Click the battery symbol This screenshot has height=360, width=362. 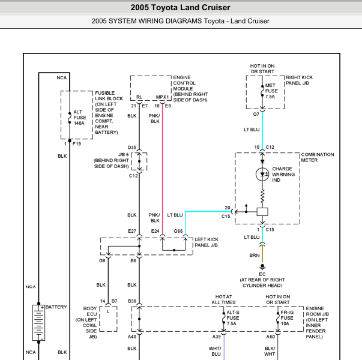pos(38,323)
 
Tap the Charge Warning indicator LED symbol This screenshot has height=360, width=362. pos(262,174)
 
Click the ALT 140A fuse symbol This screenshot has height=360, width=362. pos(70,118)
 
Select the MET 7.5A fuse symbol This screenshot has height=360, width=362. pos(262,91)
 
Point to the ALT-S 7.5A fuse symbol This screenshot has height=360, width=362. pos(223,318)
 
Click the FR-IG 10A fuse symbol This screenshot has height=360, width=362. pos(278,318)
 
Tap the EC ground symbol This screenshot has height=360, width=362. pos(262,267)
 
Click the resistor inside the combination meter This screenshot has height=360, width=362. pos(262,196)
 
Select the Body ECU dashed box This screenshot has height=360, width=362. pos(108,319)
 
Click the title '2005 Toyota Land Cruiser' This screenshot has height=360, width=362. pos(181,7)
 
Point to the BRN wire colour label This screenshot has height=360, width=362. pos(255,256)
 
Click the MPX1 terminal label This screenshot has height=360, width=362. pos(162,97)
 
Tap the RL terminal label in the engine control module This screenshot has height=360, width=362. pos(139,97)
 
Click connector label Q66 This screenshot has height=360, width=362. pos(178,231)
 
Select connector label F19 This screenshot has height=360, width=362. pos(77,144)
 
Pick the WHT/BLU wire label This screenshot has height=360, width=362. pos(215,351)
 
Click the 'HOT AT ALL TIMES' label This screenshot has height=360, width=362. pos(223,299)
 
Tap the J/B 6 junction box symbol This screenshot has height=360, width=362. pos(139,161)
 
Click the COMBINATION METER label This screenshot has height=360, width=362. pos(318,157)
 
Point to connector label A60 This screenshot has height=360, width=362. pos(271,337)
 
